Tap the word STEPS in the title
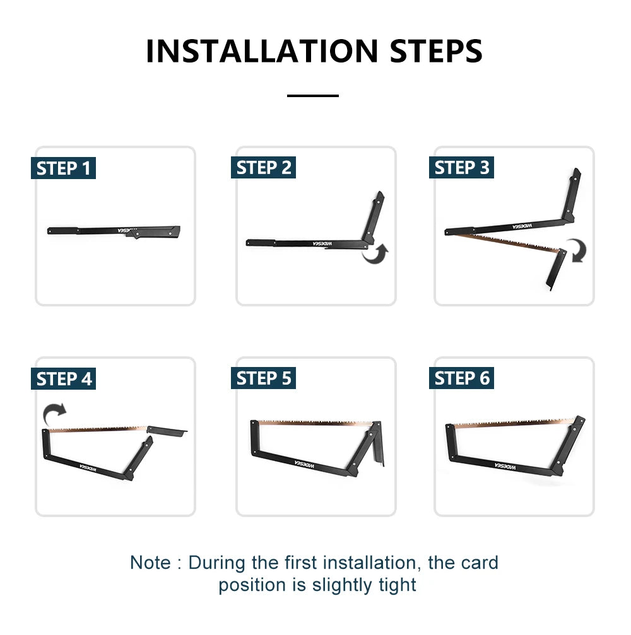coord(436,51)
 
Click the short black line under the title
coord(313,96)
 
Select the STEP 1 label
coord(63,168)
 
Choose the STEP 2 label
coord(263,167)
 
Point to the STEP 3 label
coord(462,167)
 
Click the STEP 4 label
coord(63,378)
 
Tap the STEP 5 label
coord(263,378)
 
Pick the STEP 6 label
coord(462,378)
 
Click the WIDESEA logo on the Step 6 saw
coord(505,466)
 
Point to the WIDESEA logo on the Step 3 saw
coord(522,226)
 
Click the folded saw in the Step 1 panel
coord(114,231)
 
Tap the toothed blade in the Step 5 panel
coord(315,422)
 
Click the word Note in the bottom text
coord(150,562)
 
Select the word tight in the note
coord(397,585)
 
